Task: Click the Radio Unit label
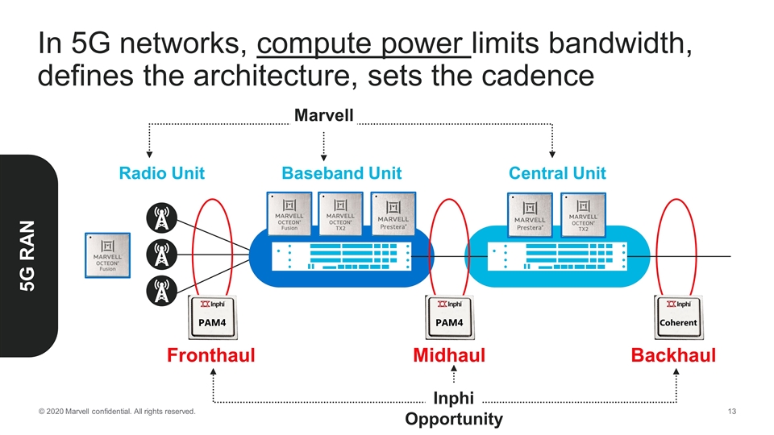click(x=161, y=173)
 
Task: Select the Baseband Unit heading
click(x=341, y=173)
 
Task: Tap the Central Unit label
click(x=557, y=173)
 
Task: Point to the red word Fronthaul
click(x=211, y=355)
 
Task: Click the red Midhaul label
click(x=449, y=355)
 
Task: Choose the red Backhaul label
click(x=674, y=355)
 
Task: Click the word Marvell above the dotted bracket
click(x=323, y=116)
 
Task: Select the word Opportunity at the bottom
click(x=453, y=419)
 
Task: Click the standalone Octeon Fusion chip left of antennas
click(x=108, y=256)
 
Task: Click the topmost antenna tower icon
click(x=162, y=217)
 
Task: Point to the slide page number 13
click(x=732, y=412)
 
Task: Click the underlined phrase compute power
click(x=363, y=47)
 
